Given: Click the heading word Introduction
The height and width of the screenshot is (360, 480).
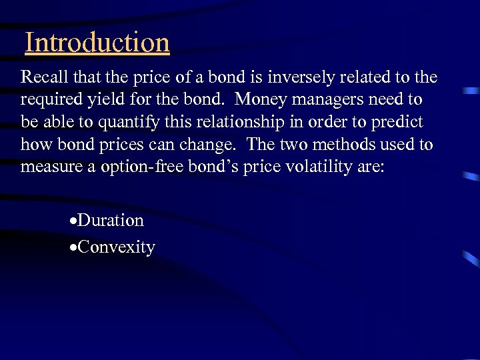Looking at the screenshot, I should click(97, 43).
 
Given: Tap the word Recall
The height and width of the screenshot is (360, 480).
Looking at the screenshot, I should click(41, 77).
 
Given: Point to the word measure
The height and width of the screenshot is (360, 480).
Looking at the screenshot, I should click(49, 167).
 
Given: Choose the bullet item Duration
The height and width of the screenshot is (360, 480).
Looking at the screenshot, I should click(111, 220).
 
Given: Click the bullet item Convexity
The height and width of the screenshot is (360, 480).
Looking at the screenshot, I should click(117, 247).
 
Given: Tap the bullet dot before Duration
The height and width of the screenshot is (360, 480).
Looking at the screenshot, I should click(74, 221).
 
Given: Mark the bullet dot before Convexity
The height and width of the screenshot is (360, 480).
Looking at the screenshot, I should click(74, 248).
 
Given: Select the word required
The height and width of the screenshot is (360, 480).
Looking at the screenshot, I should click(49, 100).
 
